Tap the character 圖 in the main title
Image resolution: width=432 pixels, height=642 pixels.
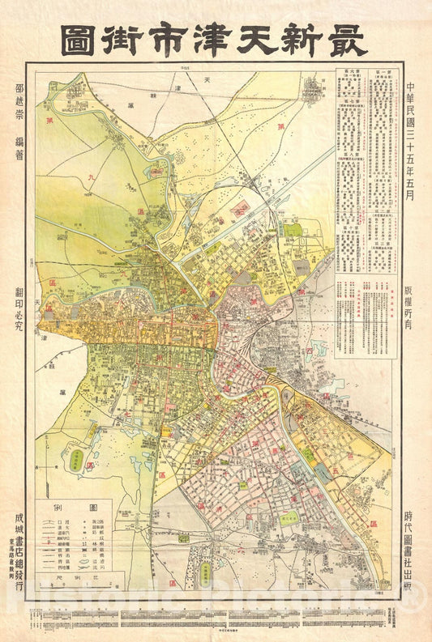point(82,39)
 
